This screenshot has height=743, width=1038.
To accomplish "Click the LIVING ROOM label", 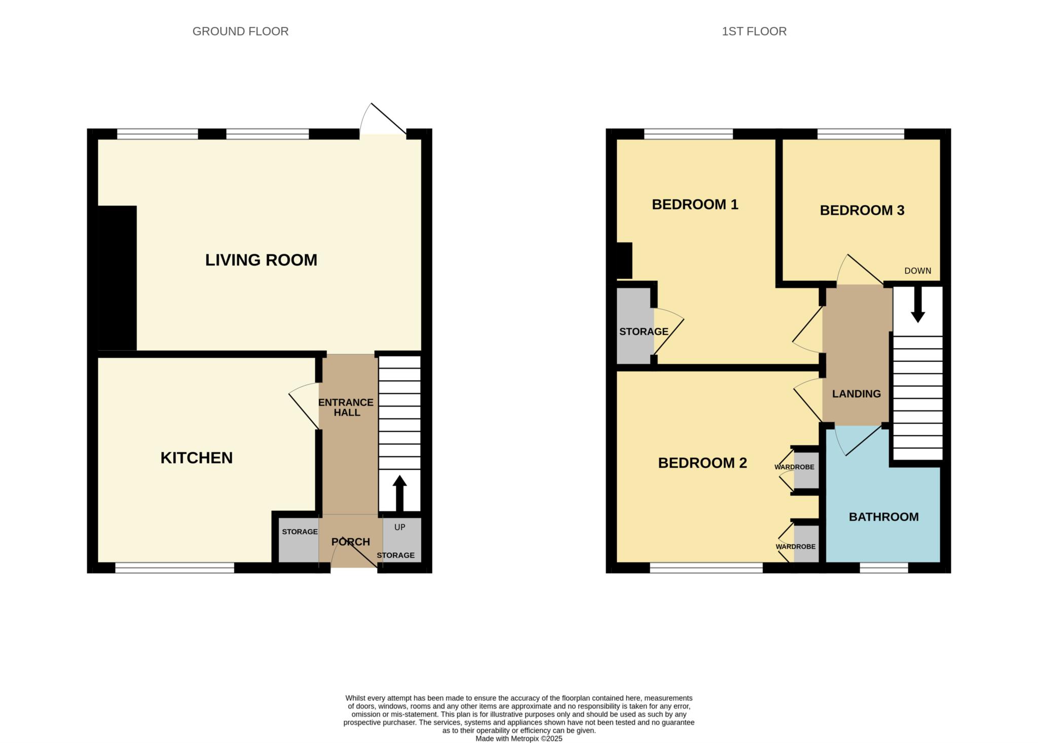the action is coord(261,260).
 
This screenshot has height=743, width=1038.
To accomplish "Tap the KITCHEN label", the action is coord(197,458).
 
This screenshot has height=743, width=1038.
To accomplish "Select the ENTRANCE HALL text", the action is coord(346,407).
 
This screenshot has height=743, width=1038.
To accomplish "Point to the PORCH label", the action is coord(351,542).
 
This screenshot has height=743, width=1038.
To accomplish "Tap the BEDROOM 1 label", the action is coord(695,204).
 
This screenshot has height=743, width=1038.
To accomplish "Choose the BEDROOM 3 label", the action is coord(862,210).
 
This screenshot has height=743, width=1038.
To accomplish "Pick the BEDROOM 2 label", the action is coord(702,463).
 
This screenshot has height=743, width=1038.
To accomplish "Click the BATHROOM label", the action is coord(884,517).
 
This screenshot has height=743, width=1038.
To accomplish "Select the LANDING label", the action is coord(857,394).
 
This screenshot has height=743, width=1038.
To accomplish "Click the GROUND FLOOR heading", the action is coord(241,31).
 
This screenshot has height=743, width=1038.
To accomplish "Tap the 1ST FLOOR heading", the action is coord(754,31).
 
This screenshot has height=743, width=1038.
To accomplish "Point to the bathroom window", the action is coord(884,568).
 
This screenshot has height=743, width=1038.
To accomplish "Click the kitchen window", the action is coord(175,568).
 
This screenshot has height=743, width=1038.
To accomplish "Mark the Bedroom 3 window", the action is coord(861,134).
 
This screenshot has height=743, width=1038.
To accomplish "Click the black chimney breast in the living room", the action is coord(117,278).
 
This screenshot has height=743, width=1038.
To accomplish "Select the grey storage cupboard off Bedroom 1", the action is coord(635,325).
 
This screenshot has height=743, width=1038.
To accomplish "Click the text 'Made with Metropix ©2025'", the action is coord(519,739).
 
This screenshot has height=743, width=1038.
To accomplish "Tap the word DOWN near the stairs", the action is coord(918,271).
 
